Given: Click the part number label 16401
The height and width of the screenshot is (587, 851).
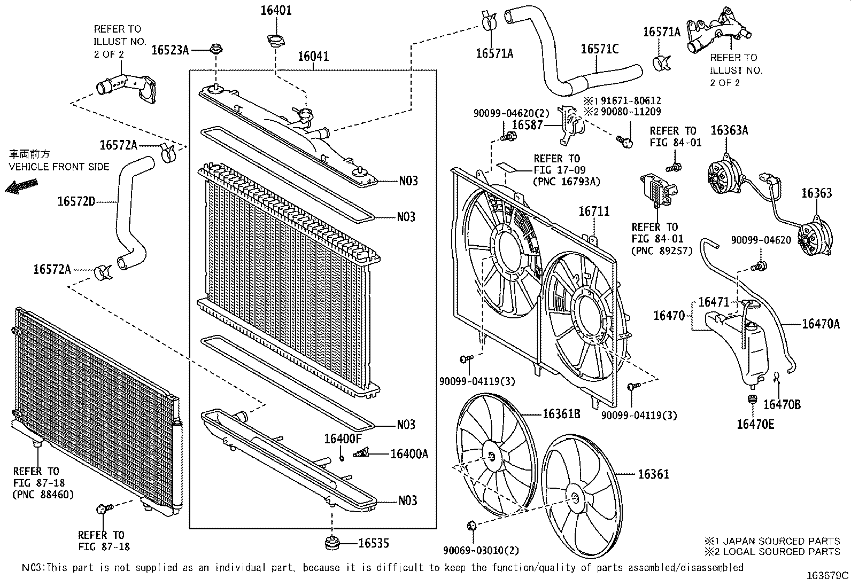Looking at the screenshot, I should point(276,10).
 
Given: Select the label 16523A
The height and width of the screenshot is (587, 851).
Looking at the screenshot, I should point(170,50).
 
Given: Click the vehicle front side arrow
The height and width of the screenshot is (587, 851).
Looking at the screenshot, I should point(21,185).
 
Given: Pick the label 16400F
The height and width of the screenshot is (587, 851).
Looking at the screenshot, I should point(343,439).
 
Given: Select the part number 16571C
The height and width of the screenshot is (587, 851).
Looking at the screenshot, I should point(599,49).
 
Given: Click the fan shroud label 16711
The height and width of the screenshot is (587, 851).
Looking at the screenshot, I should point(593,212).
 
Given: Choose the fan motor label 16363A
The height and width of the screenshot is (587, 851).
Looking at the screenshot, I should point(729,130).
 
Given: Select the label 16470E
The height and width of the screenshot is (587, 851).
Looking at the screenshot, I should point(755,424).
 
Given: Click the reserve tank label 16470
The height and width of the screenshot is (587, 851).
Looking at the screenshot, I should point(669,316).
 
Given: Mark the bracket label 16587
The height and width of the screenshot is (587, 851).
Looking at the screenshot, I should point(527,125).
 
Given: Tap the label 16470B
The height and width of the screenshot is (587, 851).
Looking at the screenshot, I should point(782,404).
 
